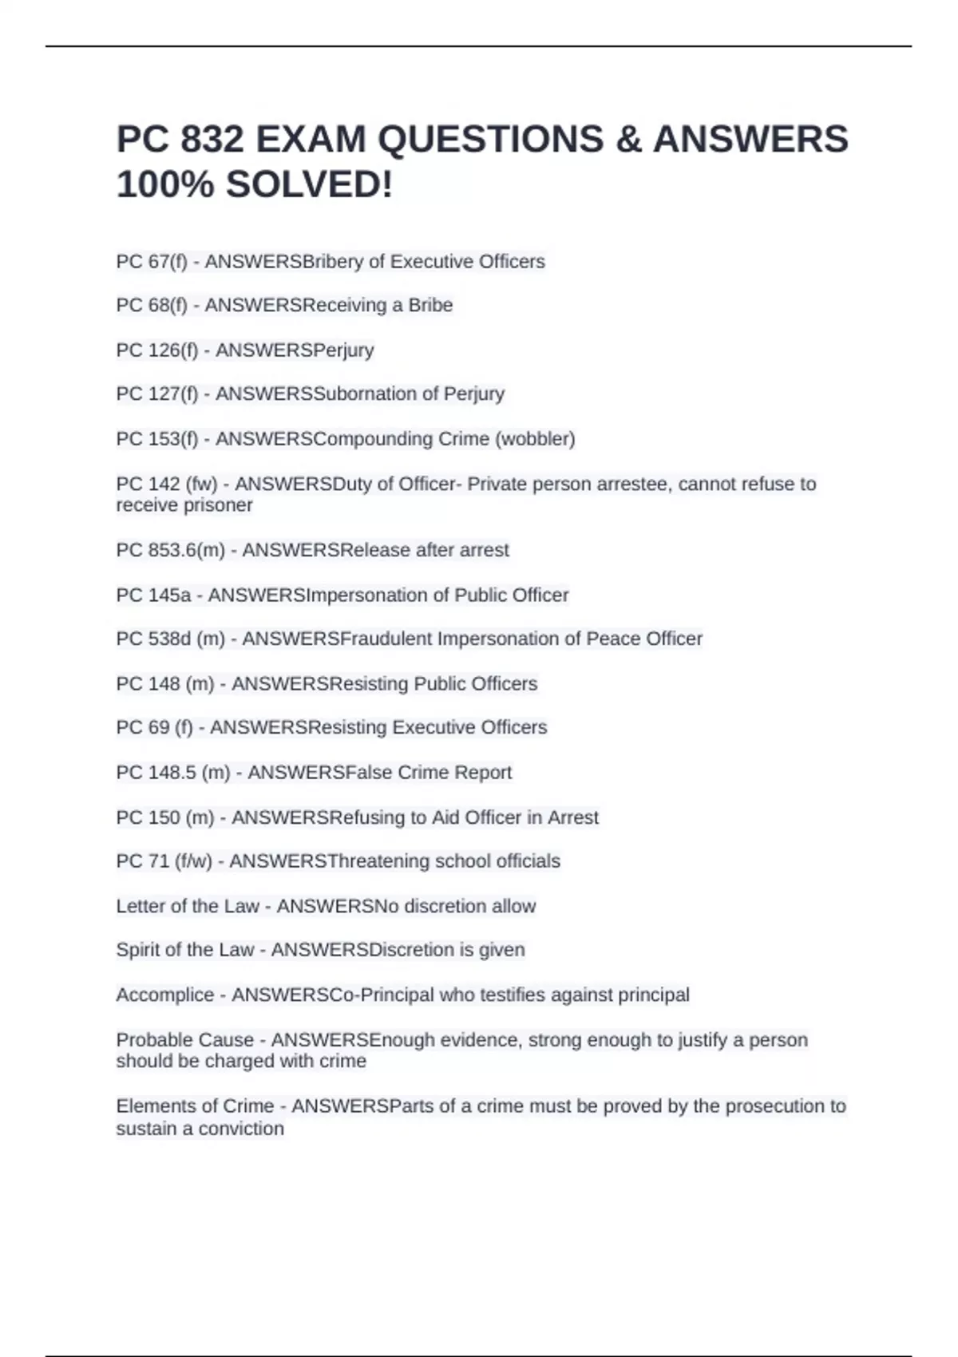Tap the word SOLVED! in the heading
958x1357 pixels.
click(x=309, y=185)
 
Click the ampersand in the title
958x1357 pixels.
click(x=628, y=140)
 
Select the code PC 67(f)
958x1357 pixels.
click(x=152, y=262)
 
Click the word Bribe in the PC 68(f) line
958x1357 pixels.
click(x=430, y=306)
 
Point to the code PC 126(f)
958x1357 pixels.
click(x=157, y=350)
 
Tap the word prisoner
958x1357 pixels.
click(x=217, y=505)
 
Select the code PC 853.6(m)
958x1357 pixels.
click(x=170, y=551)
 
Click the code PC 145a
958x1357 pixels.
click(x=153, y=595)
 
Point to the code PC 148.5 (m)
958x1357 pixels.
click(x=173, y=773)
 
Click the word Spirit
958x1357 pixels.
click(x=141, y=951)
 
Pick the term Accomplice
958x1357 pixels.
click(x=165, y=995)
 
